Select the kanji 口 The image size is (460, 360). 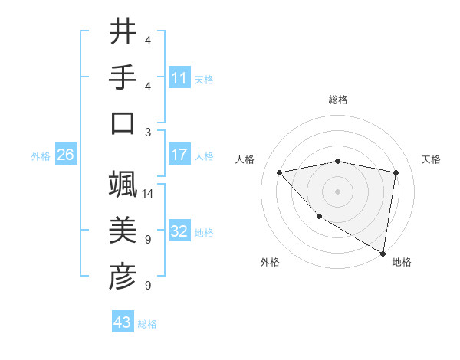(x=123, y=124)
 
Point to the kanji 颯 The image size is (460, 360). (x=123, y=185)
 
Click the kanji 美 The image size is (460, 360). (x=123, y=231)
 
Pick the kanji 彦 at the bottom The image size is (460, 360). (x=123, y=277)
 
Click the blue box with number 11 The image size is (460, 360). (x=179, y=77)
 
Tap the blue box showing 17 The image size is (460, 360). (x=179, y=155)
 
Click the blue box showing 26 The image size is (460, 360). (x=65, y=155)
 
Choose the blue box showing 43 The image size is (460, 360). (x=122, y=323)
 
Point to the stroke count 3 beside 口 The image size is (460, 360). (x=147, y=133)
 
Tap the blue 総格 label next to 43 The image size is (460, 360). (x=147, y=324)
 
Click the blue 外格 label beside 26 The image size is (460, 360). (x=41, y=155)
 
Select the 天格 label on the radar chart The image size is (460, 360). (x=431, y=159)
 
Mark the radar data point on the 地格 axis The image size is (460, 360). (x=383, y=253)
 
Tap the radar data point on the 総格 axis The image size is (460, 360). (x=337, y=161)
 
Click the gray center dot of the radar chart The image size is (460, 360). (x=337, y=191)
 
